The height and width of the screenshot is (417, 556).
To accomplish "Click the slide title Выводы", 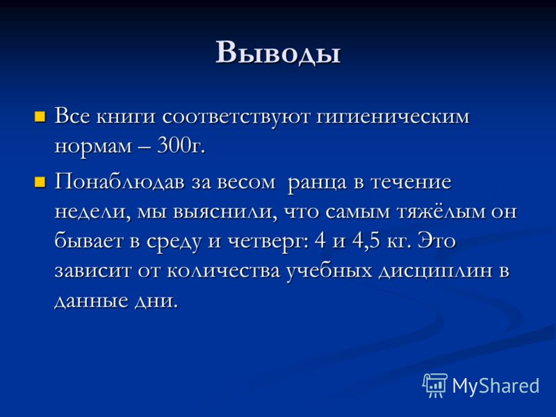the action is pyautogui.click(x=278, y=53).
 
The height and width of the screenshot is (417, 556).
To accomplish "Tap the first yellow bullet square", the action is pyautogui.click(x=40, y=117).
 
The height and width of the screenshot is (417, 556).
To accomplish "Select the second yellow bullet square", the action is pyautogui.click(x=40, y=182).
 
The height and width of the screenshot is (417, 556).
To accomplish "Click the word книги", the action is pyautogui.click(x=126, y=117).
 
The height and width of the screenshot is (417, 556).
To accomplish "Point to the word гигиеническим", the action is pyautogui.click(x=392, y=117).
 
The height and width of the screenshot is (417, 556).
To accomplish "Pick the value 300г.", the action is pyautogui.click(x=181, y=145).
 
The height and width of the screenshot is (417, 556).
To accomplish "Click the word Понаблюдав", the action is pyautogui.click(x=120, y=182).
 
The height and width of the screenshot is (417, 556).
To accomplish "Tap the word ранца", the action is pyautogui.click(x=317, y=183).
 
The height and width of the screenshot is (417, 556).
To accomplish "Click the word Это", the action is pyautogui.click(x=436, y=240).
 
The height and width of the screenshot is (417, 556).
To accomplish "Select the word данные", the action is pyautogui.click(x=91, y=302).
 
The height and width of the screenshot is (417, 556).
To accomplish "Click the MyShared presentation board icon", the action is pyautogui.click(x=435, y=385).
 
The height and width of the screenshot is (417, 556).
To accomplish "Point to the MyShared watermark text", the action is pyautogui.click(x=496, y=386).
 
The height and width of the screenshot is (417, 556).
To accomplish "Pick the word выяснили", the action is pyautogui.click(x=224, y=213).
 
